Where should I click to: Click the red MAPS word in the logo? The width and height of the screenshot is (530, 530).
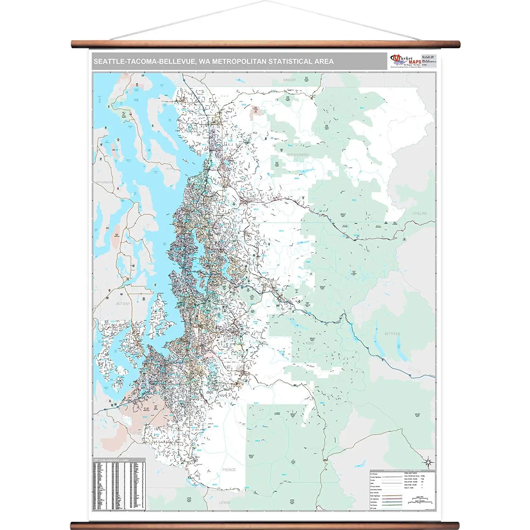tap(415, 62)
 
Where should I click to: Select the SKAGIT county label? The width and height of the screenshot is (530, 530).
tap(289, 80)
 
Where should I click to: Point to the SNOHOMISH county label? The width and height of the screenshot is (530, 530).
tap(298, 155)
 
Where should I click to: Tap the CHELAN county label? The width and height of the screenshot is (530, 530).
tap(419, 213)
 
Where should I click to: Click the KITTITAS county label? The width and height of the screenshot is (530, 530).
tap(393, 334)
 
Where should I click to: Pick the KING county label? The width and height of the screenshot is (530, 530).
tap(310, 343)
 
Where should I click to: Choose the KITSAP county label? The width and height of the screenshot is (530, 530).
tap(123, 304)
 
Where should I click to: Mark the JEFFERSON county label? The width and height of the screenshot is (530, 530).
tap(104, 182)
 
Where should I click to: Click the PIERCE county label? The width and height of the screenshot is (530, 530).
tap(229, 470)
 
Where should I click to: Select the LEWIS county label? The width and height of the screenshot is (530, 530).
tap(224, 502)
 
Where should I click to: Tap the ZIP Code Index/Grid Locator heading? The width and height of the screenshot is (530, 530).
tap(111, 460)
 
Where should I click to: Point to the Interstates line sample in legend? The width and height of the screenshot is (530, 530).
tap(392, 502)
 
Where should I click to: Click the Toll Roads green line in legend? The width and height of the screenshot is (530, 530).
tap(392, 505)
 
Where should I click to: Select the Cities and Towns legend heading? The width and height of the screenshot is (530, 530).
tap(411, 473)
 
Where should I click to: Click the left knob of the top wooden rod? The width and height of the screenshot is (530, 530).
tap(73, 44)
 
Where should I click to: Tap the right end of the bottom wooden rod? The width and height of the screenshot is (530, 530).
tap(457, 525)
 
